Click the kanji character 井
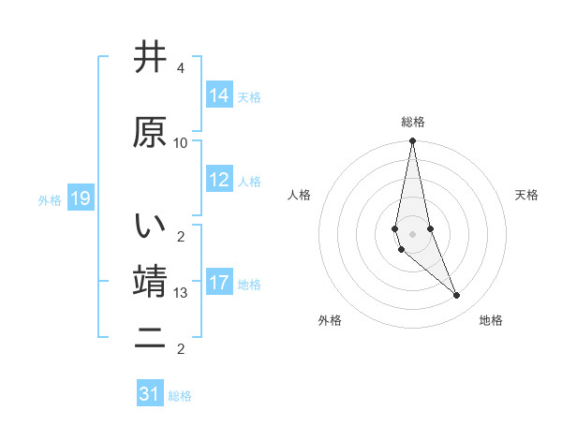[150, 59]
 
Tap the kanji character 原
[150, 134]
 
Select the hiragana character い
[150, 227]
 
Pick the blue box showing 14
[219, 95]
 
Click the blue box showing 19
[80, 198]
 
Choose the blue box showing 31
[150, 394]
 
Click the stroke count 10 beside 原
[181, 143]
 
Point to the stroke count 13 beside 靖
[181, 293]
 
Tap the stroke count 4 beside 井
[180, 68]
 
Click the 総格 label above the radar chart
[412, 122]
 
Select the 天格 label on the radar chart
[527, 195]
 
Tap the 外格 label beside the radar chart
[330, 320]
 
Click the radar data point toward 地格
[456, 296]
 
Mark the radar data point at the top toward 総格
[412, 141]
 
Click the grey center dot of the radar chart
[412, 233]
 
